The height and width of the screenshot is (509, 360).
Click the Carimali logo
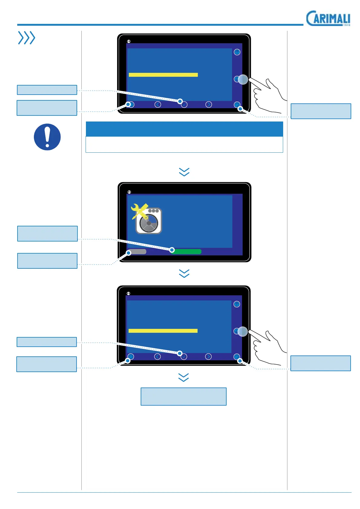point(328,18)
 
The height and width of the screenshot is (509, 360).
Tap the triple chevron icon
point(27,38)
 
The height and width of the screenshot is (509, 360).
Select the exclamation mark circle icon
point(47,137)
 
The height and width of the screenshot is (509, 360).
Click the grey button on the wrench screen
point(137,251)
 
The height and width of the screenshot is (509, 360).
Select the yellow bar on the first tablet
point(163,75)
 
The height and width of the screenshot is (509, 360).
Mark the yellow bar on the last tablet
point(163,331)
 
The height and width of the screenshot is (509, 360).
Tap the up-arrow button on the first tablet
point(237,52)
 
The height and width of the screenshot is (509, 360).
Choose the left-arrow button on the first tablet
point(158,104)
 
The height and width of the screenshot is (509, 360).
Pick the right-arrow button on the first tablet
point(208,104)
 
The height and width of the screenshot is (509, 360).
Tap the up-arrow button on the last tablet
point(237,304)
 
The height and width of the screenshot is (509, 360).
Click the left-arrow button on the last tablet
point(157,357)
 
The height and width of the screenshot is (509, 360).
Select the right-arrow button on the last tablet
point(208,357)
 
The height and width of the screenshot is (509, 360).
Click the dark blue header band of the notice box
point(184,129)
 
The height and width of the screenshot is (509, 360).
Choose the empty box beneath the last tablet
point(183,396)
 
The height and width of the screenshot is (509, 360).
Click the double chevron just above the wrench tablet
point(184,172)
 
